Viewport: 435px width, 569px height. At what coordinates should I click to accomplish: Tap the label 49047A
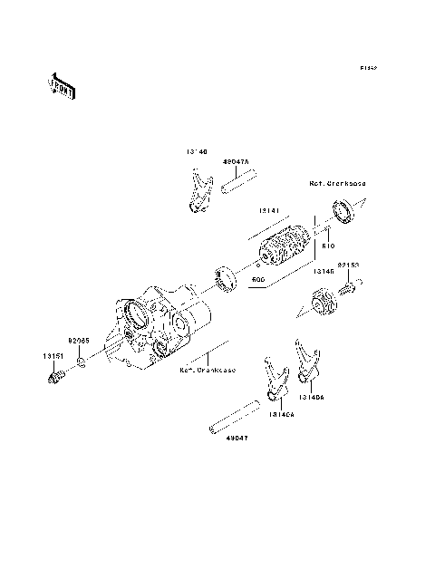click(235, 160)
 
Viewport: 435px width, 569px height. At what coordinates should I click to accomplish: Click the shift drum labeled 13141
click(285, 247)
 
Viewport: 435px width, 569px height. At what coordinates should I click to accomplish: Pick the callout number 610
click(328, 245)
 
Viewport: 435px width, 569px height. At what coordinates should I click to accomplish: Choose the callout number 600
click(258, 280)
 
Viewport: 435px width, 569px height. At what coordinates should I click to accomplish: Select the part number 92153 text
click(349, 266)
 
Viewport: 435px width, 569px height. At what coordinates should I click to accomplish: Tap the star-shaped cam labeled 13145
click(322, 302)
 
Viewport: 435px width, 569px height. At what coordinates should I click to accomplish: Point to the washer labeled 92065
click(81, 363)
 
